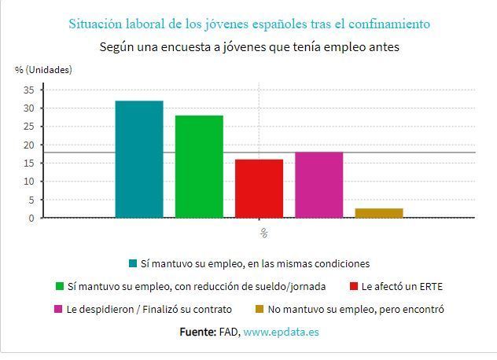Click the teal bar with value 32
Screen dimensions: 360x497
click(139, 159)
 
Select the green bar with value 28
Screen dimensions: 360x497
click(199, 167)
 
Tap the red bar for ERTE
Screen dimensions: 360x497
click(259, 189)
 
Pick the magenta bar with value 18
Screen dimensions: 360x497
click(318, 185)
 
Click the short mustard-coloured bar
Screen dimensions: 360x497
click(379, 213)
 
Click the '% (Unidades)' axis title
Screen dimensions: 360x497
click(43, 70)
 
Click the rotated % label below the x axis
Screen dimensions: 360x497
click(264, 233)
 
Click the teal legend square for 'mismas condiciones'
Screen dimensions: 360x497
click(132, 264)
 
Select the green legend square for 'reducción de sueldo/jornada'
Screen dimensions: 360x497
click(59, 287)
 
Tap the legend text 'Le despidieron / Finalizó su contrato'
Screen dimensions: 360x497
click(149, 310)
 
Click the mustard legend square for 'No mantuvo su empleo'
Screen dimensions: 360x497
click(260, 310)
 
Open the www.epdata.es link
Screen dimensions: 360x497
click(281, 332)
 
